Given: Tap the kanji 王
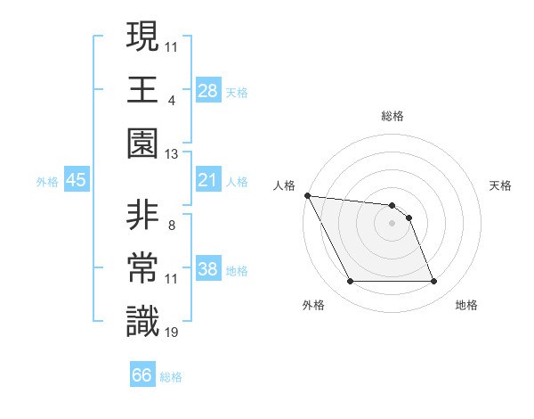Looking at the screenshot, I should tap(142, 89).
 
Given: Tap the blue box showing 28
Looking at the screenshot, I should tap(208, 91).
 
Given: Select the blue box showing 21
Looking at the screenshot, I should tap(208, 181).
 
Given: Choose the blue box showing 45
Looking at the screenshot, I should tap(77, 181).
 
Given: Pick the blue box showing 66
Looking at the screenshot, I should tap(142, 375).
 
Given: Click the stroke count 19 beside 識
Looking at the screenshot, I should tap(173, 333).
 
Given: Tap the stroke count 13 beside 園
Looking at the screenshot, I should tap(172, 153).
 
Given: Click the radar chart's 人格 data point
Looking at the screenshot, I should tap(307, 195).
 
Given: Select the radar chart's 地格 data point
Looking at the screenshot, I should tap(433, 282).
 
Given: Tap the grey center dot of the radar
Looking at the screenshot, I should tap(392, 222).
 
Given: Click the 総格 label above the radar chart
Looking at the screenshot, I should tap(392, 116).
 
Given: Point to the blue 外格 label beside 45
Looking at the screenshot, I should tap(47, 182).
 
